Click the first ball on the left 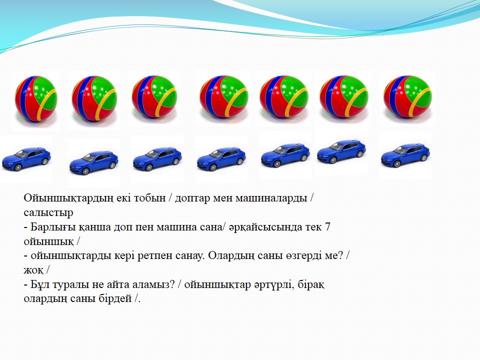coord(36,98)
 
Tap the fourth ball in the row coord(224,96)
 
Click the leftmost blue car coord(26,159)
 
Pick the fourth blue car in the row coord(221,159)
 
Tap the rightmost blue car coord(405,155)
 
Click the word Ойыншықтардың coord(68,198)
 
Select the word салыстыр coord(48,212)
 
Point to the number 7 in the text coord(327,227)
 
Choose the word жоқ coord(33,270)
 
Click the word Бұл coord(40,284)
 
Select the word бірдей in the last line coord(115,298)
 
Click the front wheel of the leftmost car coord(18,167)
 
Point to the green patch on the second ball coord(103,90)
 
